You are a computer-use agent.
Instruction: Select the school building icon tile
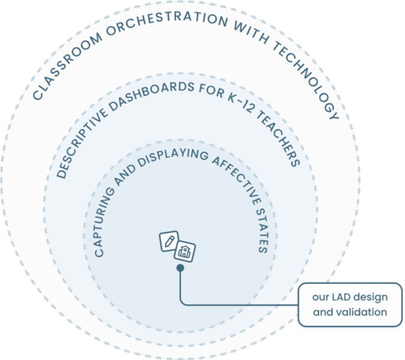[x=185, y=251]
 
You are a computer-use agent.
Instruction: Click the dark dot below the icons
[x=180, y=268]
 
